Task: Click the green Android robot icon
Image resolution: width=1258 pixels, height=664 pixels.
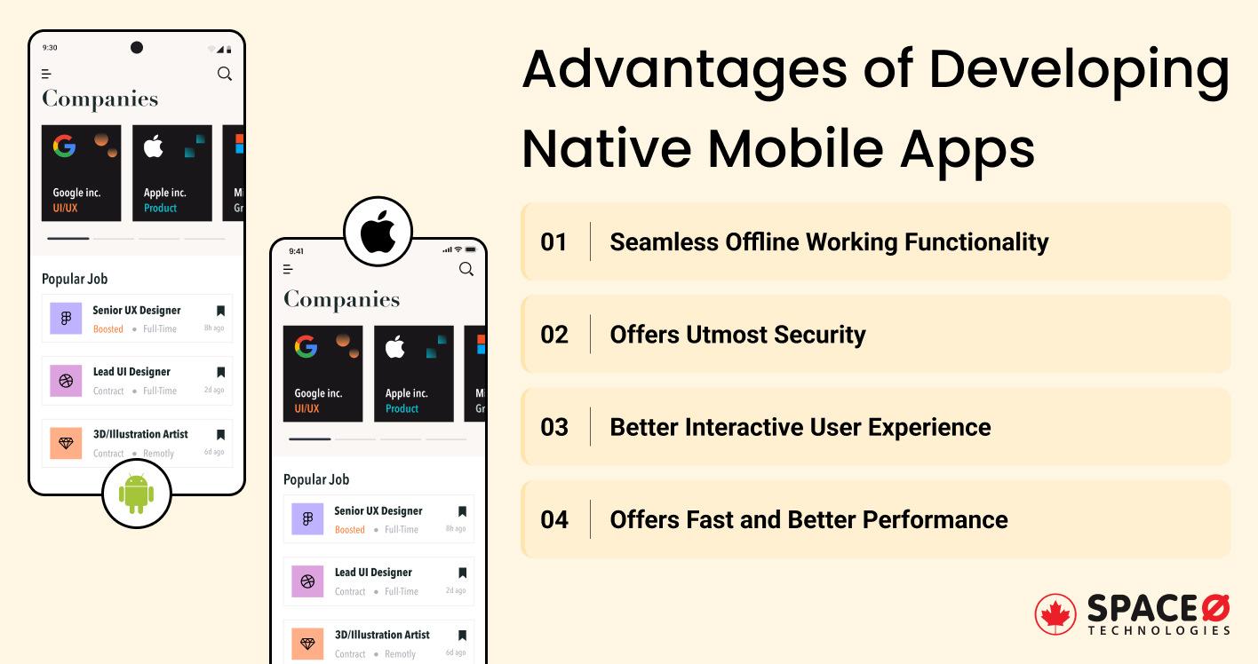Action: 136,494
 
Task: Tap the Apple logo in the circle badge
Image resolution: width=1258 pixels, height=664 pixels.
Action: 378,233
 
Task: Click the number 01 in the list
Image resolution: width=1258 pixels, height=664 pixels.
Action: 553,242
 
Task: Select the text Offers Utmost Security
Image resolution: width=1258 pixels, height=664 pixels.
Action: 737,335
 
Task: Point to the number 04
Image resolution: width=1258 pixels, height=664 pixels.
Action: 553,519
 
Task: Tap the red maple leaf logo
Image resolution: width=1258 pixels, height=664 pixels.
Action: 1055,614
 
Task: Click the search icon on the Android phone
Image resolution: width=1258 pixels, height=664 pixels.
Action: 225,74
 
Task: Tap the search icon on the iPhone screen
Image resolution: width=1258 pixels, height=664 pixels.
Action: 466,269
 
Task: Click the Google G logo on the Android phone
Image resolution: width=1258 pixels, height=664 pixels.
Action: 64,146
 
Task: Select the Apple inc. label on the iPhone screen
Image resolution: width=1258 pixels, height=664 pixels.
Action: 406,393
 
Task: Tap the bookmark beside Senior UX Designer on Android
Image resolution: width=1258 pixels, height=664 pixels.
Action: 220,311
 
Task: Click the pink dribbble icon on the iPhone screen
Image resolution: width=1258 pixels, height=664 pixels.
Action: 307,582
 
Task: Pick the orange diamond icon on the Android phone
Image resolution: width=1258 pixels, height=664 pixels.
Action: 66,442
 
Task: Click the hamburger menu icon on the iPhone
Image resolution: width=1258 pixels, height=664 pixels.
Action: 288,269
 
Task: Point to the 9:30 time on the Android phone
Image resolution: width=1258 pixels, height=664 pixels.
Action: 50,48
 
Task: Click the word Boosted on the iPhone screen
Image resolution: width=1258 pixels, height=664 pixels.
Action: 349,530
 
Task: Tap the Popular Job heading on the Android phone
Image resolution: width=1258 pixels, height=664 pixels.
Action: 75,279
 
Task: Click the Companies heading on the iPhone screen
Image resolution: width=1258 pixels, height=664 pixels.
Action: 341,300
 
